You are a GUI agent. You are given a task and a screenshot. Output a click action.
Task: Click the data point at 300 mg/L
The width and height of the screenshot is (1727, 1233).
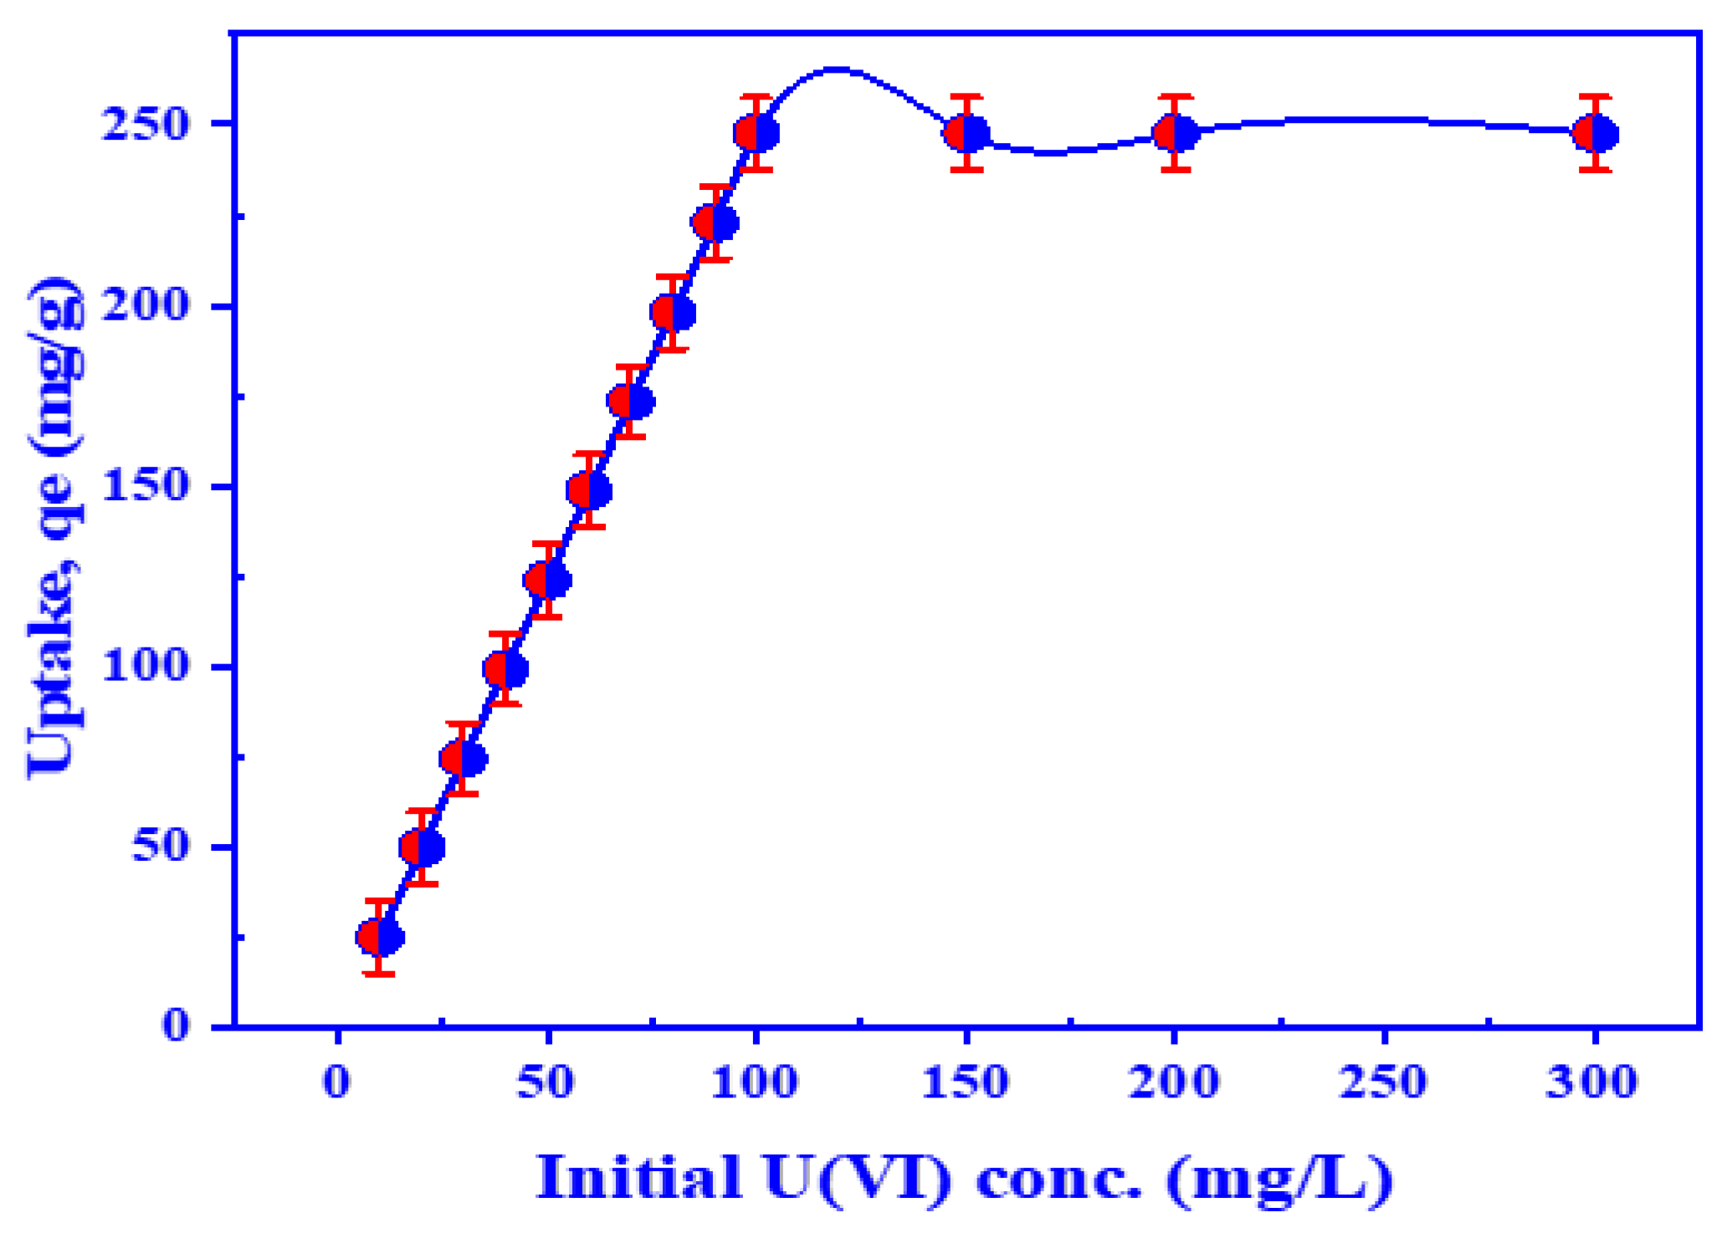click(x=1596, y=134)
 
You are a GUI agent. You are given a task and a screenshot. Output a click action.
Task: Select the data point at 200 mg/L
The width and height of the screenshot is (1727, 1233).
click(x=1176, y=134)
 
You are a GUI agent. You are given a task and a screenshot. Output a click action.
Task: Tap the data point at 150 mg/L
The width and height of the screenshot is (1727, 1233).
click(x=966, y=134)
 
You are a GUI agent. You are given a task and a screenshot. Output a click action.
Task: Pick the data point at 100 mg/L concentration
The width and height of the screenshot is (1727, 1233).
click(x=756, y=134)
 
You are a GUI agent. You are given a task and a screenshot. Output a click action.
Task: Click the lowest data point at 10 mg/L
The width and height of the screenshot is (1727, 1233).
click(x=380, y=937)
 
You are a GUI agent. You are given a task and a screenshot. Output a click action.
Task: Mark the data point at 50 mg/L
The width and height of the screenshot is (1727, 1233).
click(x=547, y=580)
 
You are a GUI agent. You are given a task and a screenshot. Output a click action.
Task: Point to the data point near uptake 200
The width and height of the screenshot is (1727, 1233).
click(x=673, y=313)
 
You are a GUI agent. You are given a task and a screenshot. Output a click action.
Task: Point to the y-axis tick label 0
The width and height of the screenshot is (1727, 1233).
click(x=176, y=1025)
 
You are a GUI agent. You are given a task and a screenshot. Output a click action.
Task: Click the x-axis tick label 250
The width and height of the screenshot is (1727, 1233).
click(x=1382, y=1082)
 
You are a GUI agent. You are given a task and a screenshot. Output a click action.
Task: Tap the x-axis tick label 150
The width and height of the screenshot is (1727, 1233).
click(x=965, y=1082)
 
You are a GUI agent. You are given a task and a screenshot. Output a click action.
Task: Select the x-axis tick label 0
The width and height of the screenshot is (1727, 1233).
click(x=337, y=1082)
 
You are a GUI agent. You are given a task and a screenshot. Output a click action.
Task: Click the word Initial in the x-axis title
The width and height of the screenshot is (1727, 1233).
click(x=638, y=1178)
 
